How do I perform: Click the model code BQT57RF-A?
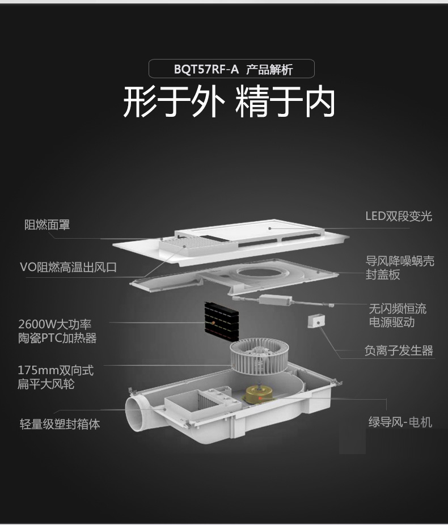pos(206,70)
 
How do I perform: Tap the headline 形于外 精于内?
pos(229,102)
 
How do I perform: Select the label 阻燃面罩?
pos(47,225)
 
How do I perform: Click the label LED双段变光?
pos(398,216)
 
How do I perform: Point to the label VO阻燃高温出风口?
pos(68,267)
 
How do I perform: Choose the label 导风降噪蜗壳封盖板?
pos(400,268)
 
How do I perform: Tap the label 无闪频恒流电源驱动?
pos(398,315)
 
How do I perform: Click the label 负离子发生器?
pos(398,351)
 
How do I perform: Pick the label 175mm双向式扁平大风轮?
pos(55,377)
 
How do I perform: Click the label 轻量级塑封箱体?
pos(60,424)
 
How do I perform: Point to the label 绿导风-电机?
pos(400,422)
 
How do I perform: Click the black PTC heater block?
pos(222,321)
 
